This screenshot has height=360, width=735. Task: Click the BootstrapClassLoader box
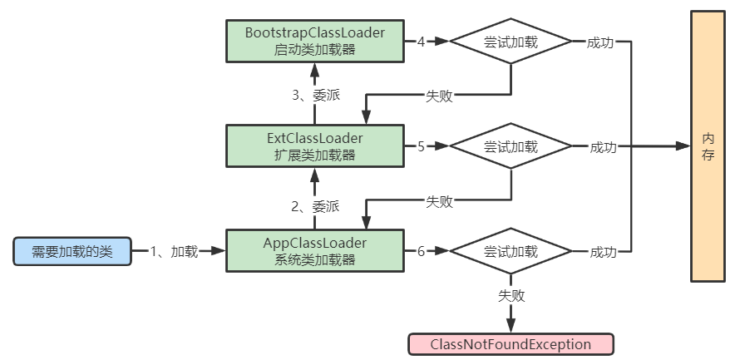pyautogui.click(x=313, y=41)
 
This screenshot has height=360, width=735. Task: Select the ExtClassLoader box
pyautogui.click(x=313, y=146)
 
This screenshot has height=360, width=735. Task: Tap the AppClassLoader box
pyautogui.click(x=313, y=250)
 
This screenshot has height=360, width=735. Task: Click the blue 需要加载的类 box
pyautogui.click(x=72, y=251)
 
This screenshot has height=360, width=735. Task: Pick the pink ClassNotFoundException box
pyautogui.click(x=511, y=344)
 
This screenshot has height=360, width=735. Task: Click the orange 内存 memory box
pyautogui.click(x=708, y=146)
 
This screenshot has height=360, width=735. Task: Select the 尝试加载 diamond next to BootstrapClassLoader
pyautogui.click(x=511, y=42)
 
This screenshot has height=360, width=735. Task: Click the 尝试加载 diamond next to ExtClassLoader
pyautogui.click(x=511, y=146)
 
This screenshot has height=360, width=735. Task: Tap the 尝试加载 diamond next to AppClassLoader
pyautogui.click(x=511, y=251)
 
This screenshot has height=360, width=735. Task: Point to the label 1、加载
pyautogui.click(x=174, y=251)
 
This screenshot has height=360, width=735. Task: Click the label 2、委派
pyautogui.click(x=314, y=206)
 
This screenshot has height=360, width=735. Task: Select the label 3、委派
pyautogui.click(x=314, y=95)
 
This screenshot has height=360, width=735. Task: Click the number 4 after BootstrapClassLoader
pyautogui.click(x=421, y=42)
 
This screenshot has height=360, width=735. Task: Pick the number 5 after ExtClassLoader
pyautogui.click(x=421, y=146)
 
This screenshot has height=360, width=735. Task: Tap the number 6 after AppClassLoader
pyautogui.click(x=421, y=251)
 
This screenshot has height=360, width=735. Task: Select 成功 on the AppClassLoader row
pyautogui.click(x=603, y=251)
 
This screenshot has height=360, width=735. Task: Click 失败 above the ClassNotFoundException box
pyautogui.click(x=511, y=295)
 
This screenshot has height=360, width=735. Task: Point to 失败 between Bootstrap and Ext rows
pyautogui.click(x=439, y=95)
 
